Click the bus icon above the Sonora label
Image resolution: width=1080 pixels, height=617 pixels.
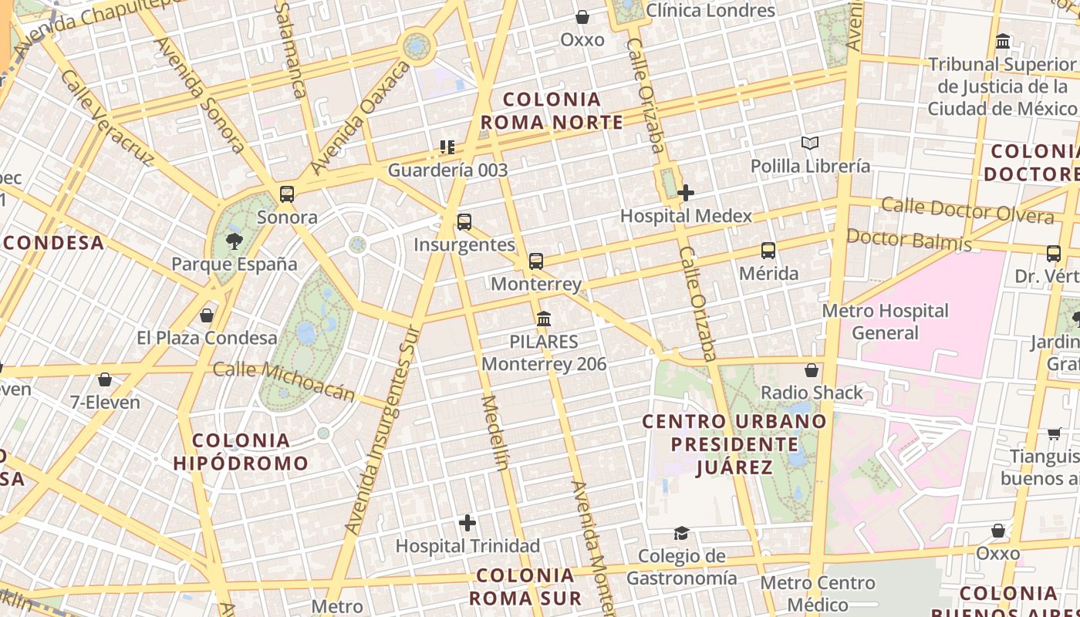287,194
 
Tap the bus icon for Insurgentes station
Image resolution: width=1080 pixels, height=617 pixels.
464,222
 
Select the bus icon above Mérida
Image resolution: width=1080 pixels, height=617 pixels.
768,251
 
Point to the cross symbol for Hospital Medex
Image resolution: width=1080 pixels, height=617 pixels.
686,193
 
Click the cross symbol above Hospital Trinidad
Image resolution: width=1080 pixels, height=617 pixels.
467,524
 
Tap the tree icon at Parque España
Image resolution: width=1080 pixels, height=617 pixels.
234,241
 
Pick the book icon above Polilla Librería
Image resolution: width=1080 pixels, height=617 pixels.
809,143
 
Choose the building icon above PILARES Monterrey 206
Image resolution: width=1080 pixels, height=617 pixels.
544,319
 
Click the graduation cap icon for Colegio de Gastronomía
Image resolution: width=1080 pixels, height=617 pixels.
681,533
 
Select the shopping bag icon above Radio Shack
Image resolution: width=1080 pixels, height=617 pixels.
812,370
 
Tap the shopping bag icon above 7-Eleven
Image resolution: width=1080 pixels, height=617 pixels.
105,379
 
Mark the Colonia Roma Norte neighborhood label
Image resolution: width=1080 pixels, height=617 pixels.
552,111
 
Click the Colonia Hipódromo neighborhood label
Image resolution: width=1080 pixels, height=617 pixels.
241,452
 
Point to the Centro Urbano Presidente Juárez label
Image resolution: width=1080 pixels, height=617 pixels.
734,444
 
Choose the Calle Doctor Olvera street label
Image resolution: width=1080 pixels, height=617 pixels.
967,209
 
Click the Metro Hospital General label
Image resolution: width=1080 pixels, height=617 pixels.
885,322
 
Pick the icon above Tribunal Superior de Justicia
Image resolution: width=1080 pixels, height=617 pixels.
1003,41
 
